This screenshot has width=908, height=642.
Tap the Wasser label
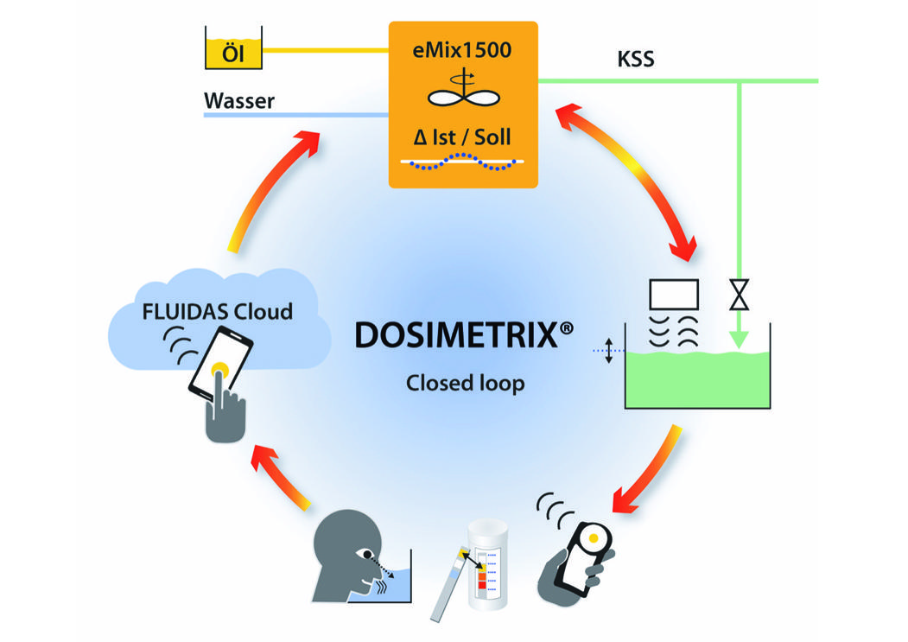tap(239, 101)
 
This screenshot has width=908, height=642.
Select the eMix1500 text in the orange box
tap(462, 49)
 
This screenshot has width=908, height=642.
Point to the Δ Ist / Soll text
tap(462, 137)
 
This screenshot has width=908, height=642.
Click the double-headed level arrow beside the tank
tap(609, 350)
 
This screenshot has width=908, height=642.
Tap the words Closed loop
tap(465, 382)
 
